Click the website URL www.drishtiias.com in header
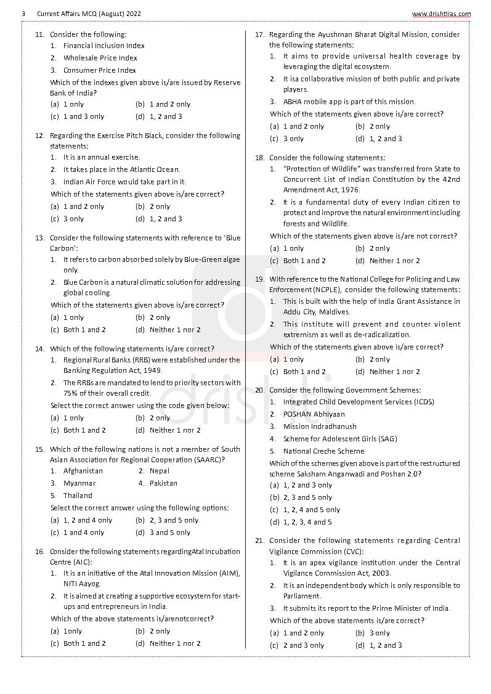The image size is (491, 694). (x=441, y=14)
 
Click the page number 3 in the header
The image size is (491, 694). (x=23, y=14)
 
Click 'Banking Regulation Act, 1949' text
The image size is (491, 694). (x=113, y=370)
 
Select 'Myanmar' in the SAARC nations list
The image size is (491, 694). (x=79, y=483)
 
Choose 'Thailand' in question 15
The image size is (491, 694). (x=78, y=496)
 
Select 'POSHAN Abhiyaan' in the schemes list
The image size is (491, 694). (x=314, y=414)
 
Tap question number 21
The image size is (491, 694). (x=259, y=541)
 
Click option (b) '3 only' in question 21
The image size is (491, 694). (x=378, y=633)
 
